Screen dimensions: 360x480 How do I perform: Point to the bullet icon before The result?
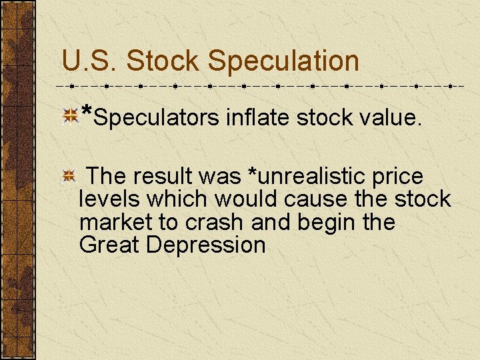(69, 177)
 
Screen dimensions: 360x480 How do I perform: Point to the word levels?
(110, 199)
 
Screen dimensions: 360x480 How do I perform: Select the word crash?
(212, 222)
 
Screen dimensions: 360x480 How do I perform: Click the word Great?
(109, 245)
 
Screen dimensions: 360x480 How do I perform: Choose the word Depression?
(206, 245)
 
